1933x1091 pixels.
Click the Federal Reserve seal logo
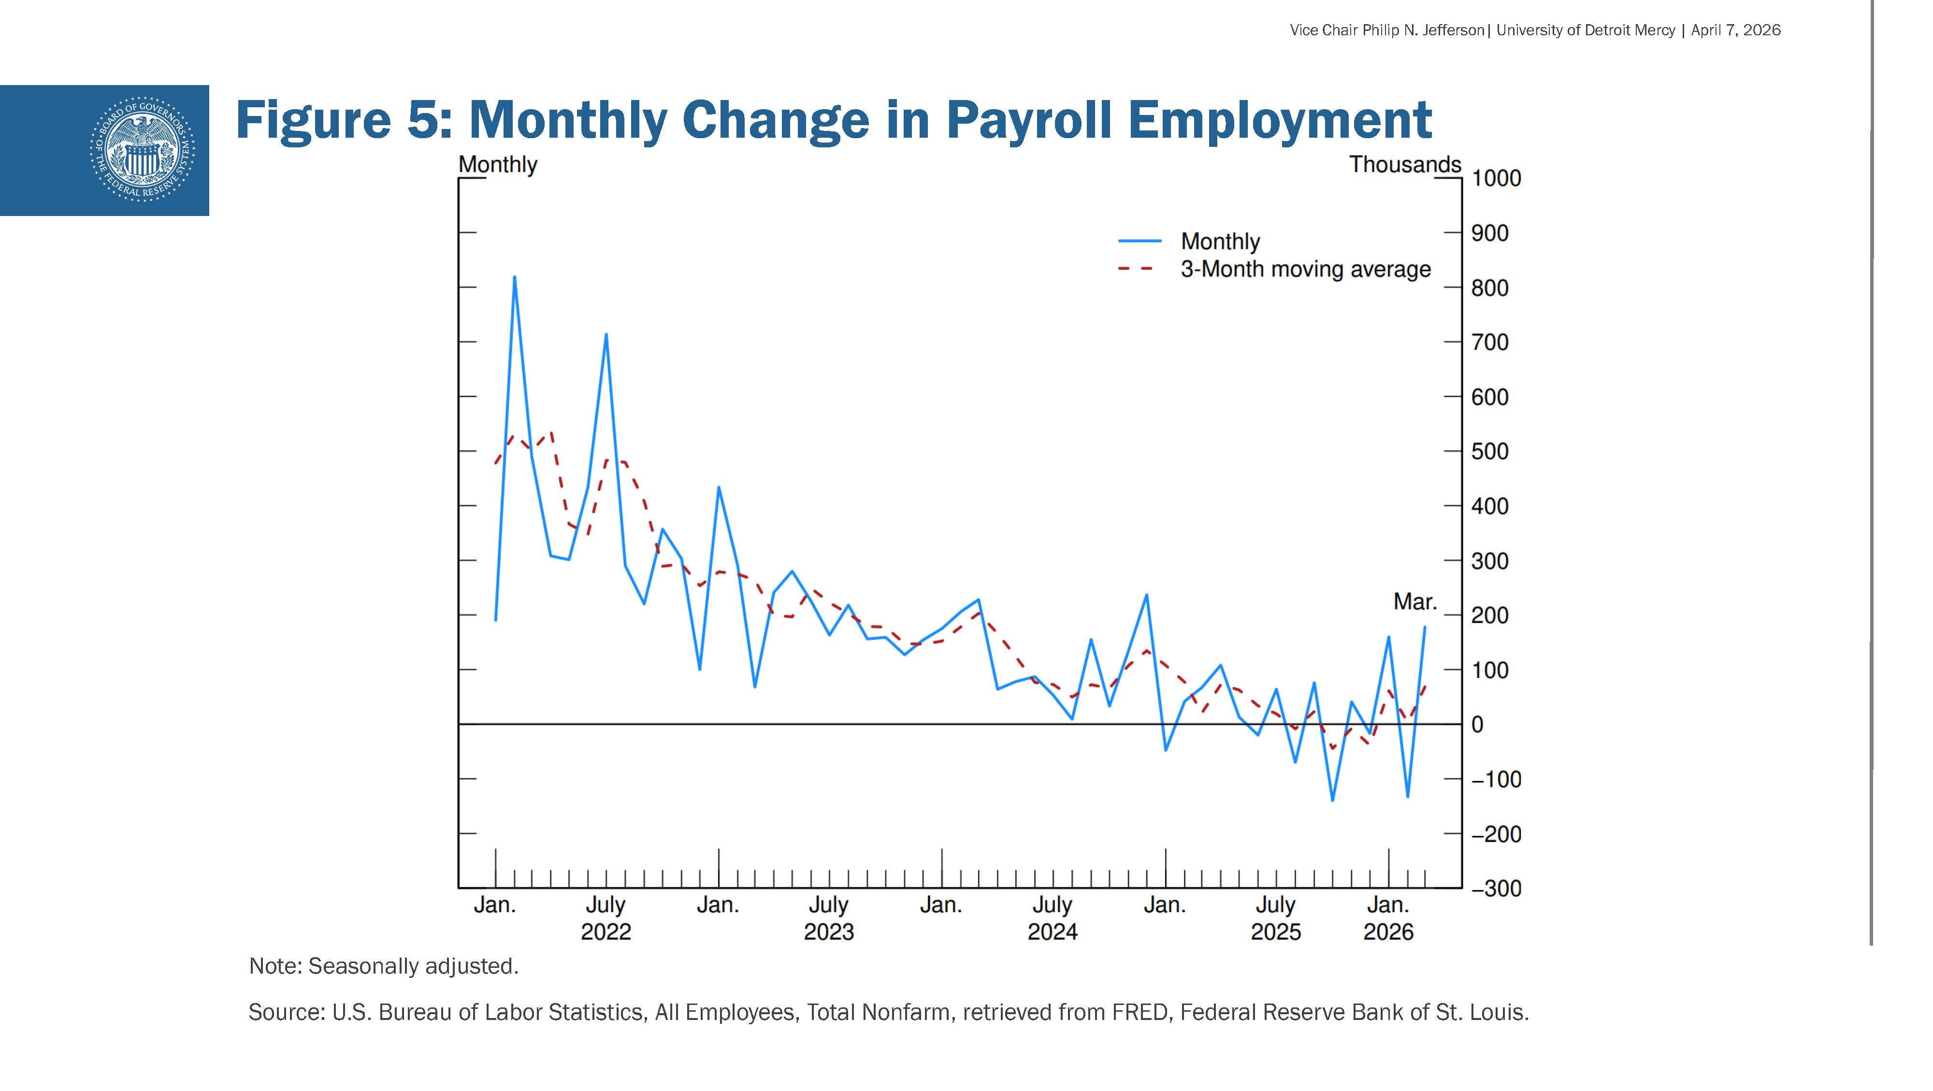pos(142,149)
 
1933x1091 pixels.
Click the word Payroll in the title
pos(1029,120)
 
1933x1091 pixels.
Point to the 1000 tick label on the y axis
pos(1496,179)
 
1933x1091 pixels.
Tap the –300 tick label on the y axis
pos(1496,889)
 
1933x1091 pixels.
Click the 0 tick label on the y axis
pos(1477,725)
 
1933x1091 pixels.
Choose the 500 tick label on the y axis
pos(1489,452)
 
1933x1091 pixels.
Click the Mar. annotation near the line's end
pos(1414,602)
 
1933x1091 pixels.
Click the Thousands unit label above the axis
pos(1405,164)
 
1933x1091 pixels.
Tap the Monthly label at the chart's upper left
pos(498,164)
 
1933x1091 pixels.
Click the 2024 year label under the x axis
pos(1052,932)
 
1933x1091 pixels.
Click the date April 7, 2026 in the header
pos(1736,30)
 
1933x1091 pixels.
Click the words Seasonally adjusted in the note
pos(413,966)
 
